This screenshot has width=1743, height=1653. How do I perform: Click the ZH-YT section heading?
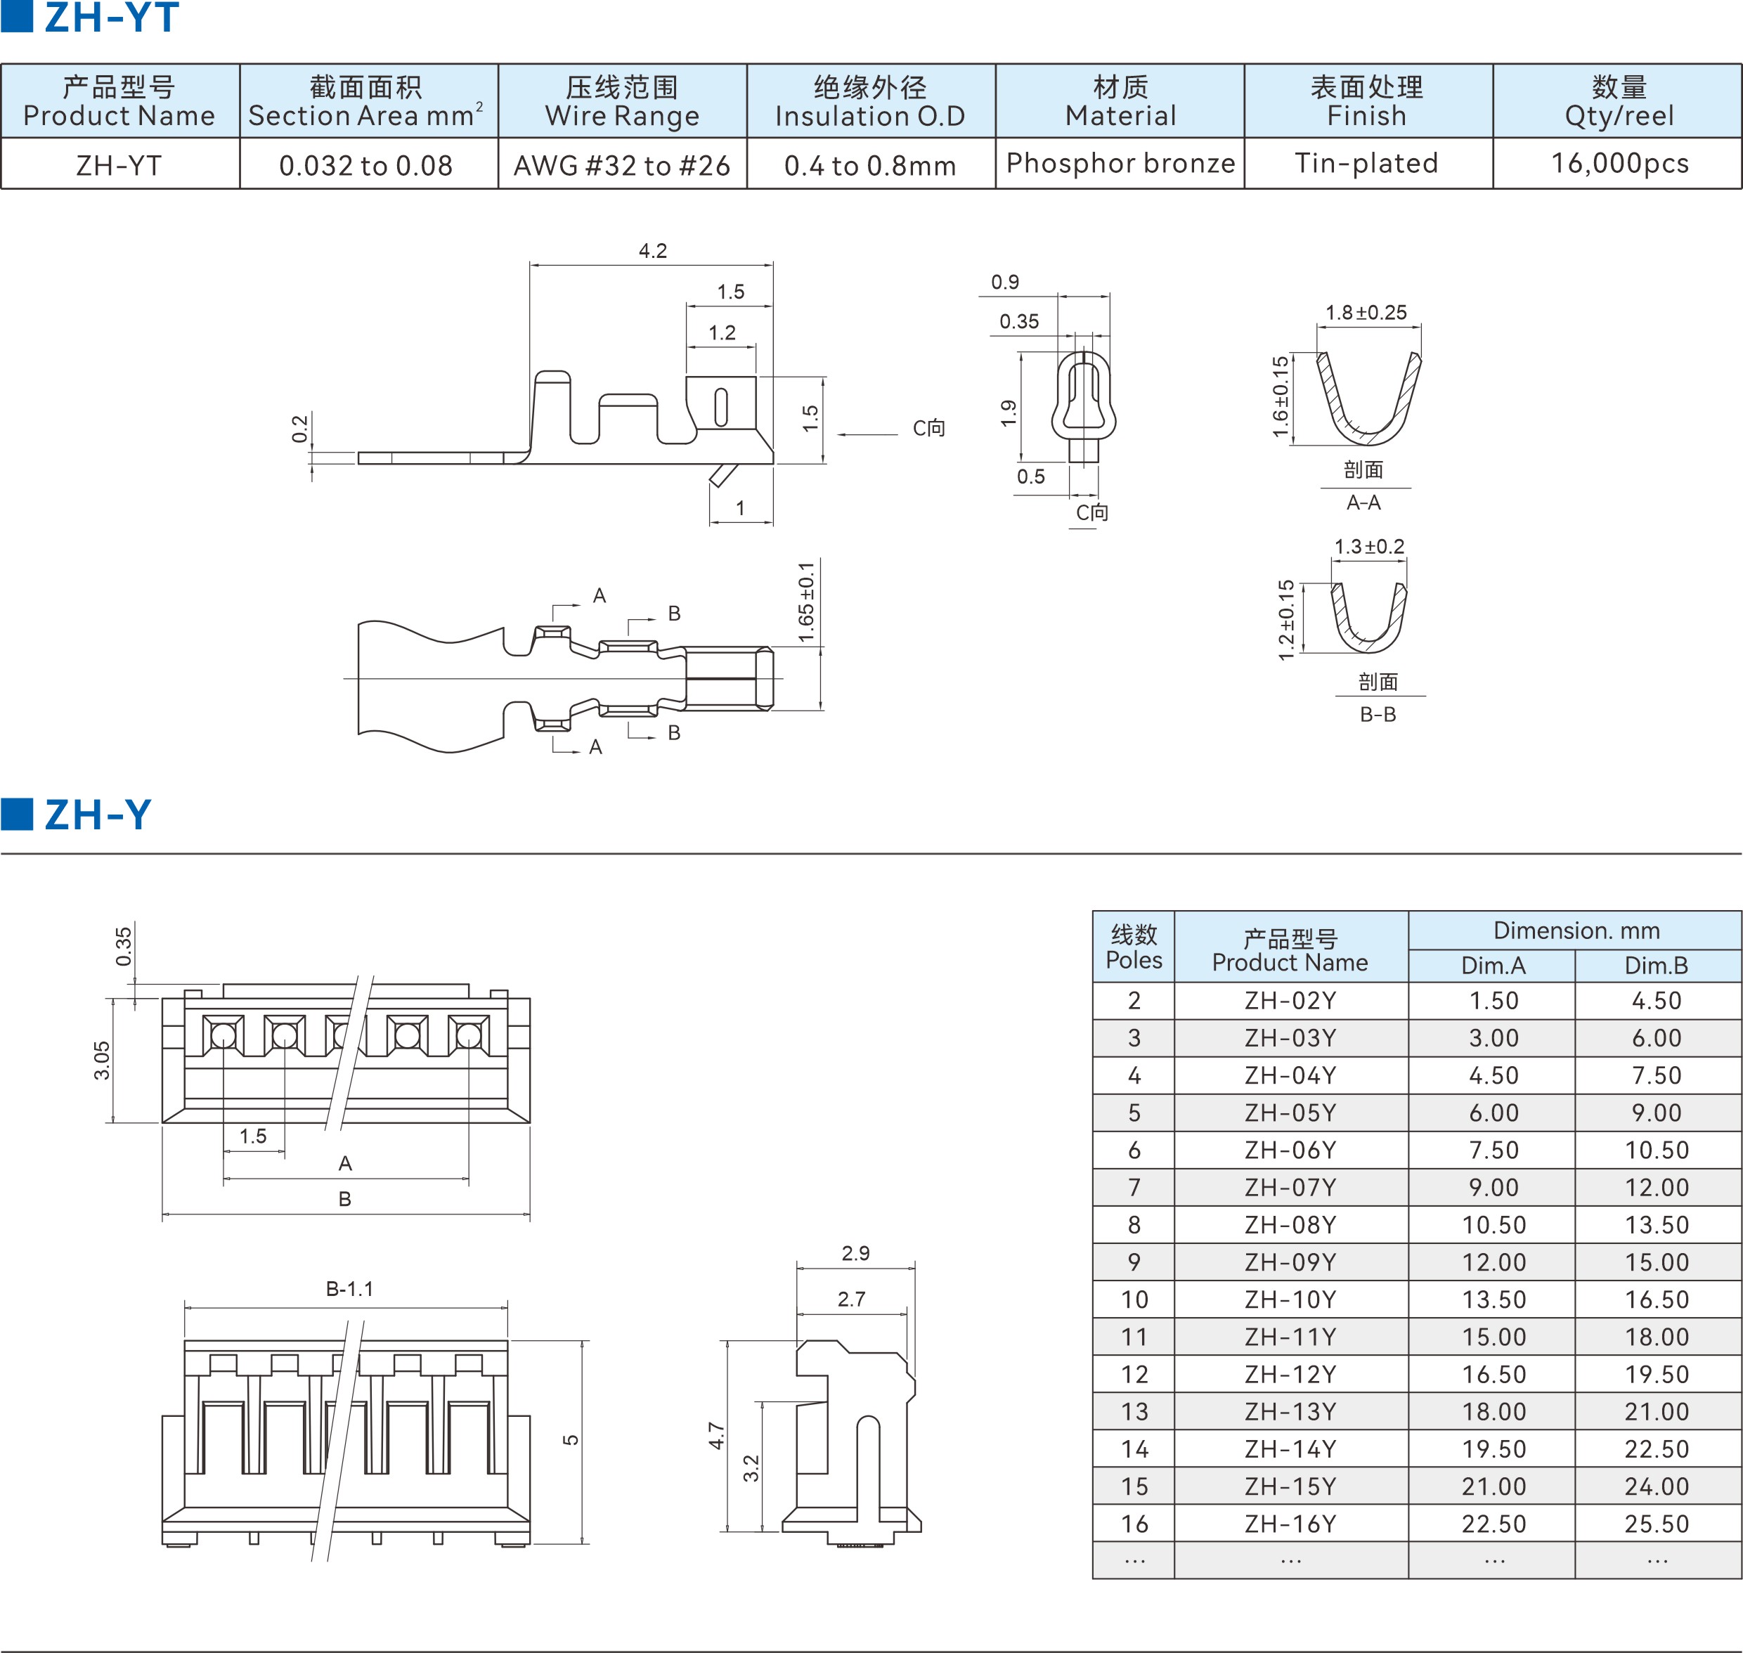tap(111, 18)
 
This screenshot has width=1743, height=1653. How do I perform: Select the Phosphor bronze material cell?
tap(1120, 163)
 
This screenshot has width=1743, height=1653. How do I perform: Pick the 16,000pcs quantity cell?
tap(1619, 163)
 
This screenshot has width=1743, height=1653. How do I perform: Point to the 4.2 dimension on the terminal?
tap(652, 250)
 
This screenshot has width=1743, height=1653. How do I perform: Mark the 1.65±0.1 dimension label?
tap(806, 604)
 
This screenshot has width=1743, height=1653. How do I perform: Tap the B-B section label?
tap(1378, 714)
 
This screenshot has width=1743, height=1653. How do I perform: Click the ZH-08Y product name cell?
tap(1290, 1225)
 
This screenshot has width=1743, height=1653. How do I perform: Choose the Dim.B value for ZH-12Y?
tap(1657, 1374)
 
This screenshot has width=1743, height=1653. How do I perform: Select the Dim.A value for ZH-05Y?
tap(1493, 1113)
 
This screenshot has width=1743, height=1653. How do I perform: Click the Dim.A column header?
tap(1493, 965)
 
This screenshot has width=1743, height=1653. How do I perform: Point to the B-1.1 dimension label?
tap(350, 1288)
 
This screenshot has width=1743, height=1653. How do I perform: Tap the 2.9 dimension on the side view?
tap(855, 1253)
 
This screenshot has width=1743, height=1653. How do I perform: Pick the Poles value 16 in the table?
tap(1134, 1524)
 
